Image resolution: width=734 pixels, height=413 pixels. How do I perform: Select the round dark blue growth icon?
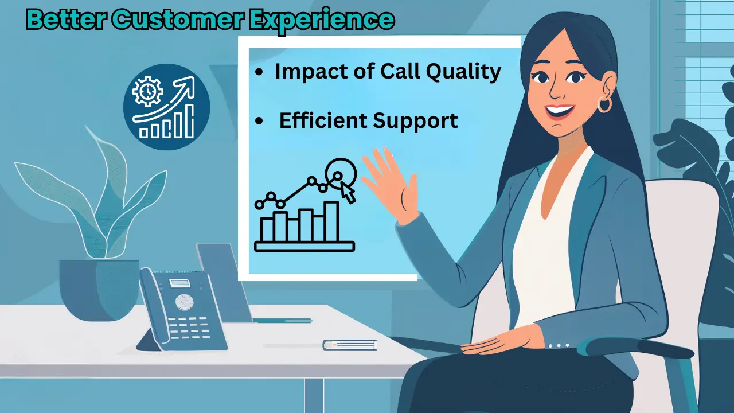(166, 107)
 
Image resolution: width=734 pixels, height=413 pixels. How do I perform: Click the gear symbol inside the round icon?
(147, 91)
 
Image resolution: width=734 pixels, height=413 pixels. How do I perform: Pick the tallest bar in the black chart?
(331, 221)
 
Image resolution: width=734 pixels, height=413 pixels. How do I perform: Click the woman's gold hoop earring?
(604, 104)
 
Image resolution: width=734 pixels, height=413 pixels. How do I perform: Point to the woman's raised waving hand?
(390, 184)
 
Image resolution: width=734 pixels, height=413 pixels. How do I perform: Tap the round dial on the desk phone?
(184, 302)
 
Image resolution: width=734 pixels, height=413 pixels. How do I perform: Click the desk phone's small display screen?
(179, 283)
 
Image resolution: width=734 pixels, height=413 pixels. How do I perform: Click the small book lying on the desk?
(349, 345)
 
